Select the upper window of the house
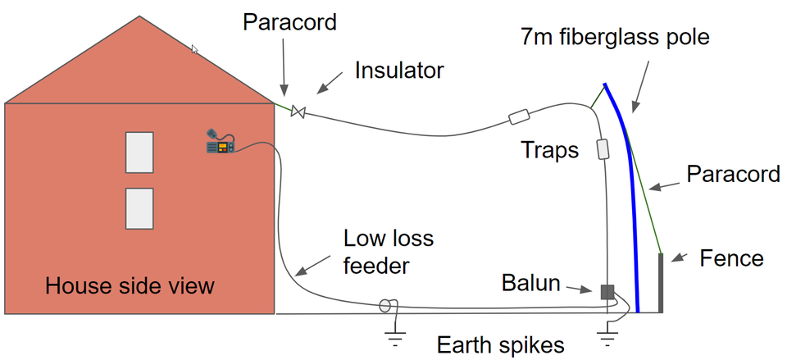click(139, 152)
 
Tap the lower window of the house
click(139, 208)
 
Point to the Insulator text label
click(399, 71)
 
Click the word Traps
click(550, 150)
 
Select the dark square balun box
click(607, 291)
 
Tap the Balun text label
click(530, 285)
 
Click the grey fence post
click(662, 283)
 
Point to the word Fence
click(731, 259)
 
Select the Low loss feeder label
click(389, 253)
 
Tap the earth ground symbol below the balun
click(607, 331)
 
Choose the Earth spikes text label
click(500, 344)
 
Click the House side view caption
click(130, 286)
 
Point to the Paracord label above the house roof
click(289, 22)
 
